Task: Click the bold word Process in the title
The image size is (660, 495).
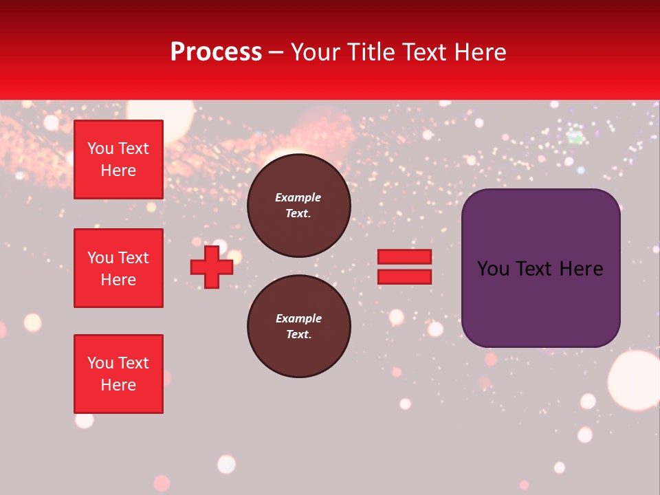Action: (216, 52)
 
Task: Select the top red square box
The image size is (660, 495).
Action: (118, 159)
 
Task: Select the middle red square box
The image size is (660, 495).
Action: (118, 268)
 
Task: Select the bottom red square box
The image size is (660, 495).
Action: (118, 374)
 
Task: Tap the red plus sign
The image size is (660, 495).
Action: (212, 267)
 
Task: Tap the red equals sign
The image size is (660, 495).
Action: (404, 267)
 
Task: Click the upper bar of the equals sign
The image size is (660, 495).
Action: (404, 256)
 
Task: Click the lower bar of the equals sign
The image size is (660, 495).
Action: (404, 277)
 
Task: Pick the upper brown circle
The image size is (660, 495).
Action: (298, 206)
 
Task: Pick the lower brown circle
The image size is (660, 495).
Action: (298, 327)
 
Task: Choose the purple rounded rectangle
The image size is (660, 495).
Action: (540, 268)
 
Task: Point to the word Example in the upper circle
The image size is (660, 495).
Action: (298, 197)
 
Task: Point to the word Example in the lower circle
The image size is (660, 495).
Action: (298, 318)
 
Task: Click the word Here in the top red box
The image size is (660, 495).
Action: (118, 170)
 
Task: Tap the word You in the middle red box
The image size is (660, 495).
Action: (100, 258)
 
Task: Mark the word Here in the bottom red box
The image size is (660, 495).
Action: (118, 385)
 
